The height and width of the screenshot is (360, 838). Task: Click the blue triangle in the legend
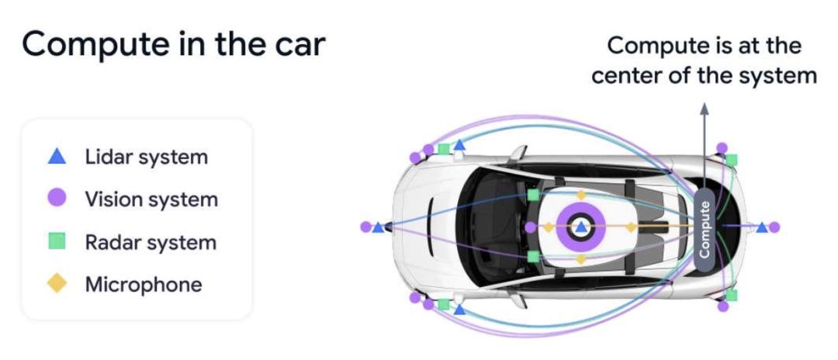click(57, 157)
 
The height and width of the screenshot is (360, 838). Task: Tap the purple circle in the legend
click(57, 198)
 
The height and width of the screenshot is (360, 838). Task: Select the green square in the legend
click(57, 241)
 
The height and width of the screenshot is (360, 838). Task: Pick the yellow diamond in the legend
click(57, 283)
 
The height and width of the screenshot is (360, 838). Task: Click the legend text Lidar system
click(146, 157)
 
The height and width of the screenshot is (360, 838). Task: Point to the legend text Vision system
click(151, 199)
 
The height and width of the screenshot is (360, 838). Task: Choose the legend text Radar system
click(151, 243)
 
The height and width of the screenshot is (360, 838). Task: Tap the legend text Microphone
click(144, 285)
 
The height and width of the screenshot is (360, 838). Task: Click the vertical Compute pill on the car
click(705, 230)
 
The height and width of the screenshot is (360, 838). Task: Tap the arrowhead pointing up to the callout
click(705, 109)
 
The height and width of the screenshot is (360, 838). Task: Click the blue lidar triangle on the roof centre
click(581, 227)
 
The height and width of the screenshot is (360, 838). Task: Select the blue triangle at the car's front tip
click(379, 227)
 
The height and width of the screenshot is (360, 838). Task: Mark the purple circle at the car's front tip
click(365, 227)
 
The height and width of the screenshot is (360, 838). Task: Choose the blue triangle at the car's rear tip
click(762, 227)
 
